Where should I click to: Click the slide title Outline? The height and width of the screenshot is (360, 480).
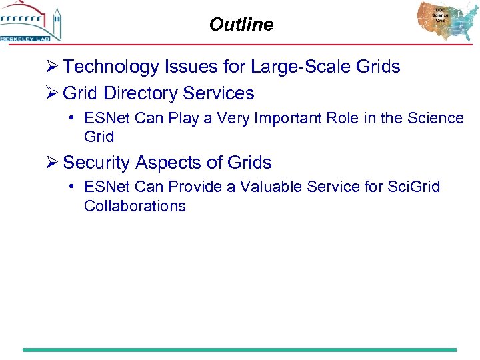pos(241,25)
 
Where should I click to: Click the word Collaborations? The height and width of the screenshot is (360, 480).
pos(135,206)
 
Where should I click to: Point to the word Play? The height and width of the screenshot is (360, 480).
pos(183,118)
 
